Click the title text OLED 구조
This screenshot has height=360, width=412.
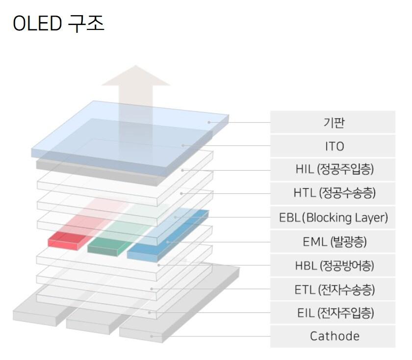click(x=58, y=23)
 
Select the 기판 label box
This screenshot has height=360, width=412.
click(x=333, y=123)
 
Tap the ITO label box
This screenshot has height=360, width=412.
click(x=333, y=146)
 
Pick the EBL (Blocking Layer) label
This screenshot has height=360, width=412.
click(x=334, y=217)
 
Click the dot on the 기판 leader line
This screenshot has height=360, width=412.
click(x=209, y=122)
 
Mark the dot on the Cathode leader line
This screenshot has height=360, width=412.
click(x=153, y=336)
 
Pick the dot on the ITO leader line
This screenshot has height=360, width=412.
click(x=183, y=146)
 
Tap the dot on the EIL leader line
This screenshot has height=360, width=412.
click(x=150, y=312)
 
